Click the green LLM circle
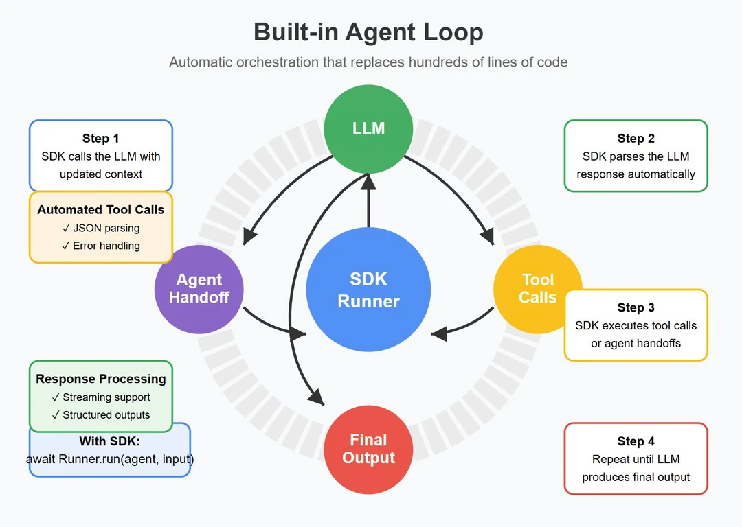pyautogui.click(x=368, y=128)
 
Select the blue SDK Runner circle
pyautogui.click(x=368, y=290)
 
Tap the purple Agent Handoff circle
pyautogui.click(x=199, y=288)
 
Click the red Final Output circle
pyautogui.click(x=368, y=449)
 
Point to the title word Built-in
pyautogui.click(x=297, y=32)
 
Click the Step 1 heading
pyautogui.click(x=100, y=139)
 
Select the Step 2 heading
pyautogui.click(x=636, y=139)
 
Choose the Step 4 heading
pyautogui.click(x=636, y=441)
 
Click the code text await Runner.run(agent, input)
pyautogui.click(x=110, y=459)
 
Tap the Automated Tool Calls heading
pyautogui.click(x=100, y=210)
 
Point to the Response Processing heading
pyautogui.click(x=100, y=379)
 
